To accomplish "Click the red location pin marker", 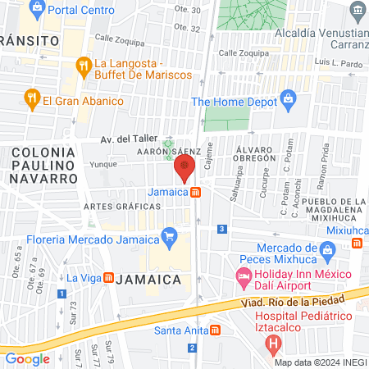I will click(184, 168).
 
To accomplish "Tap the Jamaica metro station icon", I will click(197, 193).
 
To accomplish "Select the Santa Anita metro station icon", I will click(214, 330).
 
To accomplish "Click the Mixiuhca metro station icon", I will click(358, 243).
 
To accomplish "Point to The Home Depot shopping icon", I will click(288, 102).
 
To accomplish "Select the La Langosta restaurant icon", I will click(82, 65).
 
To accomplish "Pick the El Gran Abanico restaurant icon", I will click(31, 101).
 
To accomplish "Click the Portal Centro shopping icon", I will click(36, 11).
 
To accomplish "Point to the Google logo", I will click(28, 358).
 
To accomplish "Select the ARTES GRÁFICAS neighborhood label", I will click(114, 206).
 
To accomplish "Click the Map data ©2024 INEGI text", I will click(320, 362).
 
